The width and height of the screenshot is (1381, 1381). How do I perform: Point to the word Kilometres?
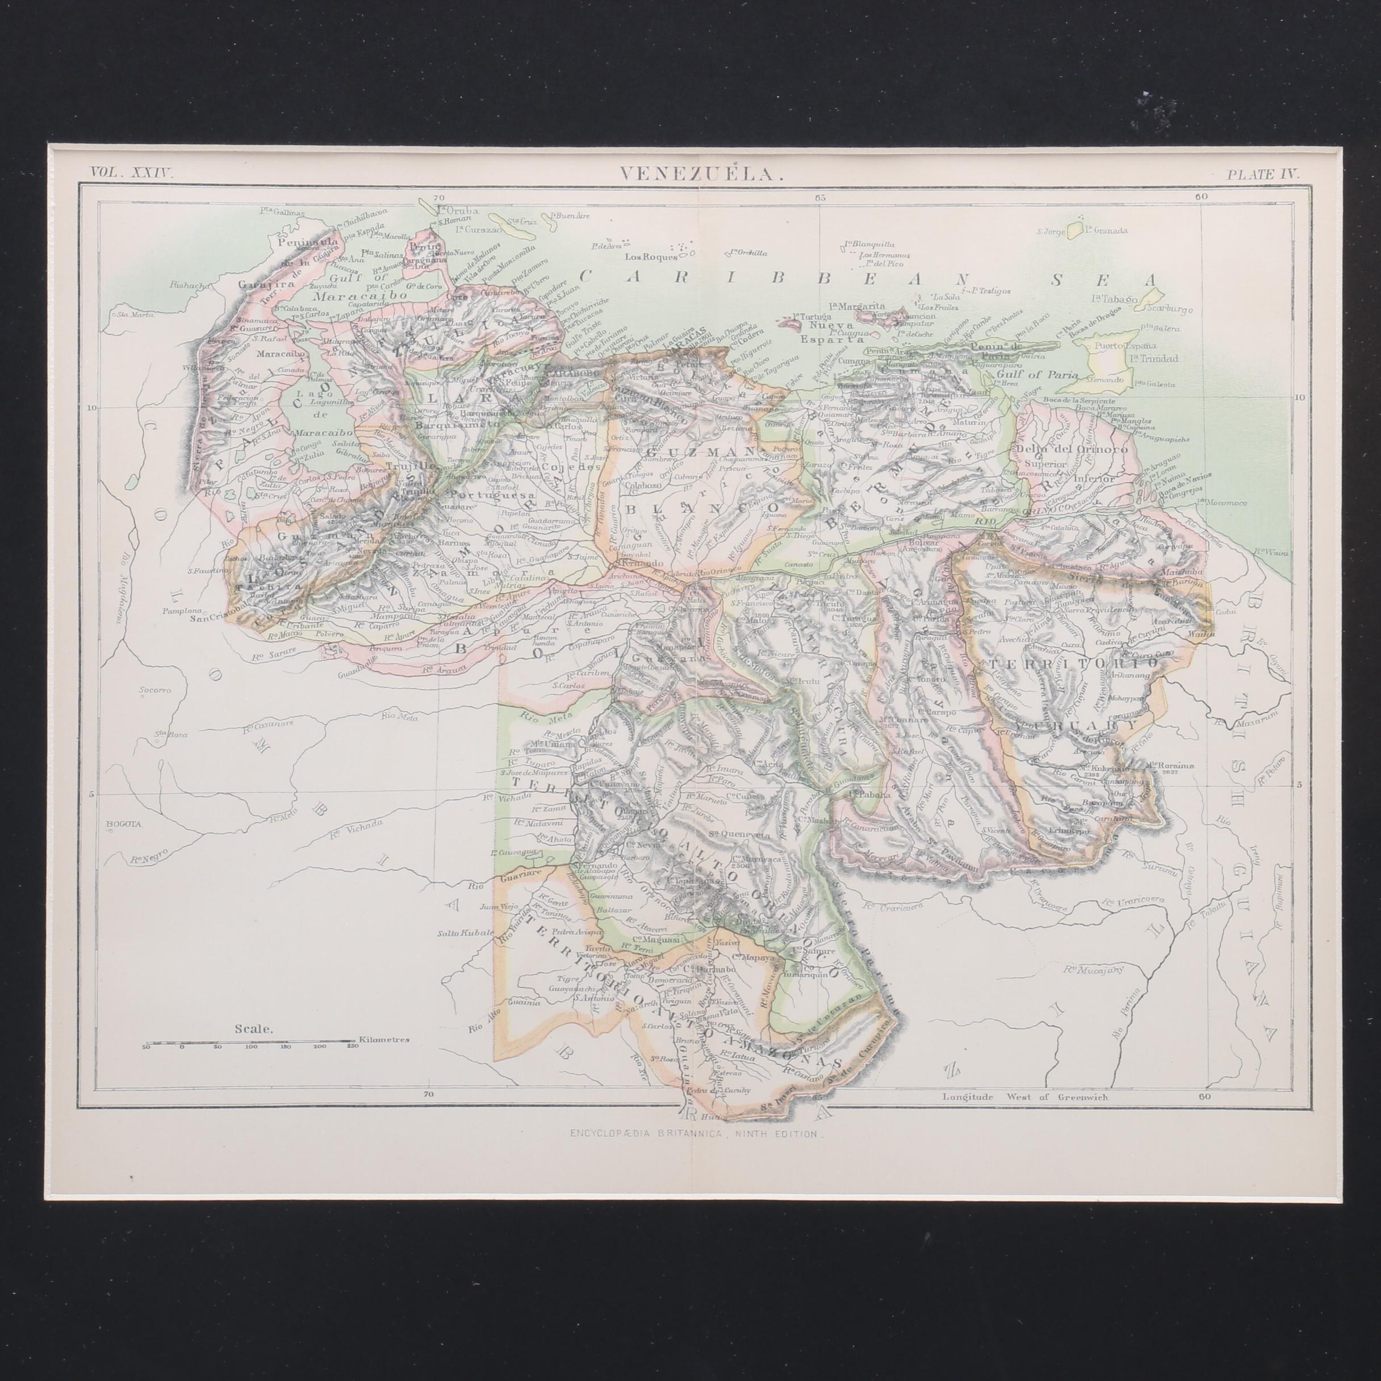click(x=384, y=1040)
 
